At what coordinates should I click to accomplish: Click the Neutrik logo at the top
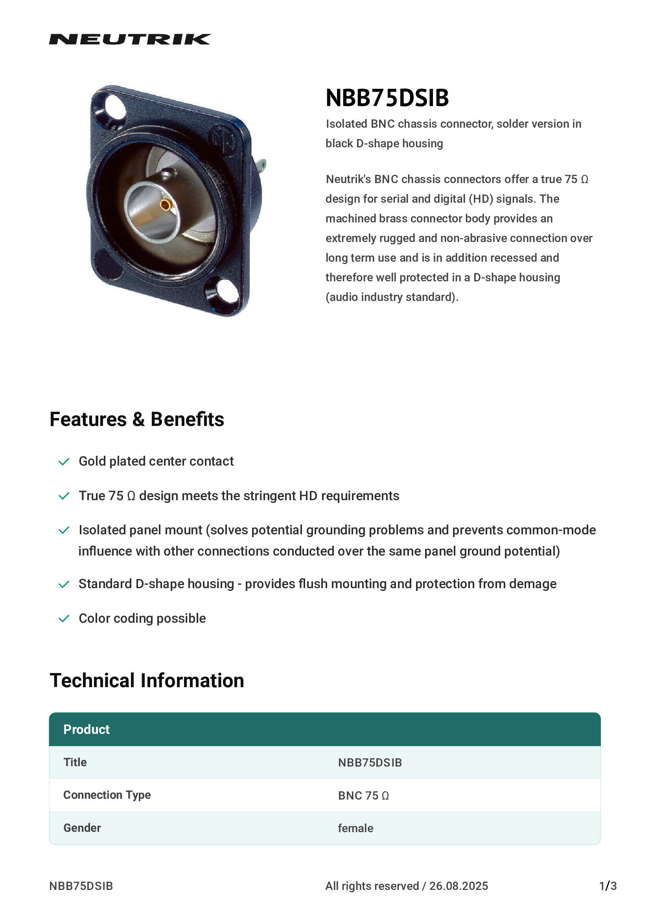(130, 39)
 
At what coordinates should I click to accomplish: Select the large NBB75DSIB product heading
(387, 98)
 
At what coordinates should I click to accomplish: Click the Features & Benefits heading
(136, 420)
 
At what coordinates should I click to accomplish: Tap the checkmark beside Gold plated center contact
(64, 462)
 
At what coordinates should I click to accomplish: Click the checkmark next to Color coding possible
(64, 619)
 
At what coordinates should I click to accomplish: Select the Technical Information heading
(147, 681)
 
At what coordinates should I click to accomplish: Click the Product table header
(87, 730)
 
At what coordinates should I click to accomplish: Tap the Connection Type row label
(107, 795)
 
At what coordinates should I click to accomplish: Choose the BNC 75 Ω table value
(363, 796)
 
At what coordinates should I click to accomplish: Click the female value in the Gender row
(355, 828)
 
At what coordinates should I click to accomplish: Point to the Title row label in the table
(75, 762)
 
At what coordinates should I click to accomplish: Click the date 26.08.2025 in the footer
(458, 886)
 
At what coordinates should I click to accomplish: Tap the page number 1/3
(608, 886)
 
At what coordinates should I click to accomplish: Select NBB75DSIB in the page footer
(81, 886)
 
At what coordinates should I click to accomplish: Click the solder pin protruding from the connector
(263, 164)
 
